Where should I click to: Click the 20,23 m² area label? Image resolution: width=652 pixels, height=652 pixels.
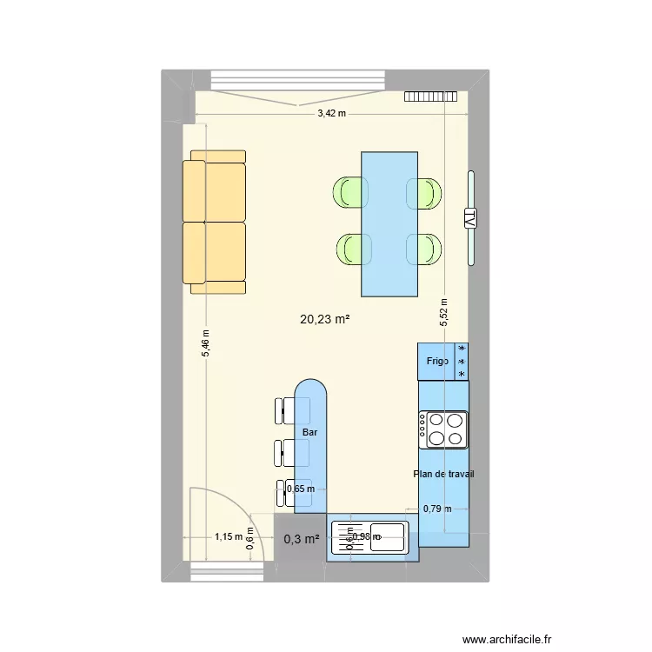[324, 320]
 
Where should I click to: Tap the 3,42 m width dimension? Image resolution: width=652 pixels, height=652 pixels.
[330, 113]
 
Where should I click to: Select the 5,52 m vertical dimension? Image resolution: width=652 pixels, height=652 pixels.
[443, 311]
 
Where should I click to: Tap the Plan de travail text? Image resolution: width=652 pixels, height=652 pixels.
[443, 474]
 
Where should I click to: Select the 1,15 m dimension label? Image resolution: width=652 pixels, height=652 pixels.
[229, 536]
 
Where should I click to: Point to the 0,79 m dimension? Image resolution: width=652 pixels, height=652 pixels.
[437, 509]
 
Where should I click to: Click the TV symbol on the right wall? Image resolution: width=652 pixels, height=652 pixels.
[470, 218]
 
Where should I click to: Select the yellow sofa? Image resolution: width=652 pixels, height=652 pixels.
[214, 222]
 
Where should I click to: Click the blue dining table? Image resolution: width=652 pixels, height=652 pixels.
[389, 223]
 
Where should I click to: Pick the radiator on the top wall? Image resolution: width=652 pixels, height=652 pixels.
[430, 96]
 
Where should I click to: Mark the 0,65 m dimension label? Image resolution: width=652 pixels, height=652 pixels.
[301, 489]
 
